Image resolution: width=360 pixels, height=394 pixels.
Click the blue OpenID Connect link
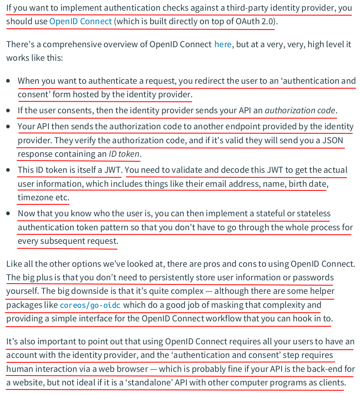[80, 21]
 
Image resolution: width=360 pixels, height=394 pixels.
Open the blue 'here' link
[223, 44]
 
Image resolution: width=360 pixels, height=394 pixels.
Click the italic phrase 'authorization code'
[300, 110]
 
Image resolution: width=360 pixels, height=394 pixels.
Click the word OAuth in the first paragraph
[248, 21]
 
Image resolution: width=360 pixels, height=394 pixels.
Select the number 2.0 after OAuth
[267, 21]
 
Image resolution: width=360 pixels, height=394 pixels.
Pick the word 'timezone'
[36, 197]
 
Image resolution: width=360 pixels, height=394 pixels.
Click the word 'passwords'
[314, 277]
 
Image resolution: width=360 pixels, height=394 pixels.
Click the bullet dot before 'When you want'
[9, 81]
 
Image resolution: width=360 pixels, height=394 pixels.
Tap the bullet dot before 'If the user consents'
[9, 110]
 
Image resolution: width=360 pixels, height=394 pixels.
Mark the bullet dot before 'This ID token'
[9, 170]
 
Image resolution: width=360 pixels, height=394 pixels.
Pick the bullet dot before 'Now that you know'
[9, 213]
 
